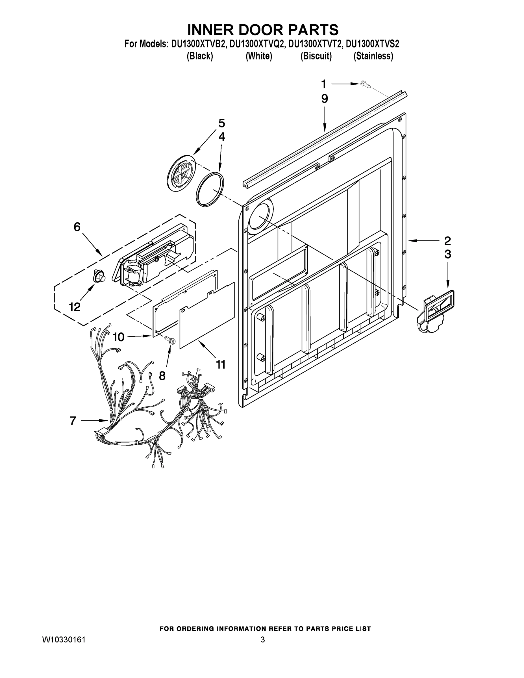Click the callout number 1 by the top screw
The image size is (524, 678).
tap(323, 84)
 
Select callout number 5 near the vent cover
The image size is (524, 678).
tap(221, 123)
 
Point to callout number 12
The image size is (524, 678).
tap(75, 307)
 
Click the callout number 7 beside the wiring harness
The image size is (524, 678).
tap(73, 421)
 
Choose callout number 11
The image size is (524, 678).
tap(221, 364)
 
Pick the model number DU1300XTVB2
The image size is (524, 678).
tap(198, 44)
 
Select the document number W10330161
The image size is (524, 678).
tap(64, 640)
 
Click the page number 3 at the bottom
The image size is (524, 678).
tap(263, 640)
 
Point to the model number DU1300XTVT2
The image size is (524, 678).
tap(316, 44)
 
